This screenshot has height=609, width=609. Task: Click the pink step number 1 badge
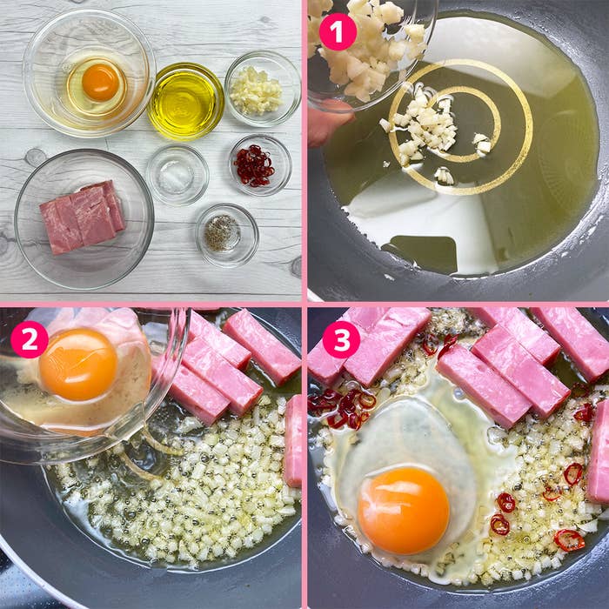[338, 32]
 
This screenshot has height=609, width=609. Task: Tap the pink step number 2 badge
[29, 339]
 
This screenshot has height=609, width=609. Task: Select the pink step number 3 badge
[341, 339]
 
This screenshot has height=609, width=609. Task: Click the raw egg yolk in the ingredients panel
[100, 83]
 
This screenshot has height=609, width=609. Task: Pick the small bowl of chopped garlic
[262, 88]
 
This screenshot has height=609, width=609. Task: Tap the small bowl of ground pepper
[226, 233]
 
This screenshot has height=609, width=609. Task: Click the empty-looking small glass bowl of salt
[177, 175]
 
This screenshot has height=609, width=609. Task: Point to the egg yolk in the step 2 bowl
[78, 364]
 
